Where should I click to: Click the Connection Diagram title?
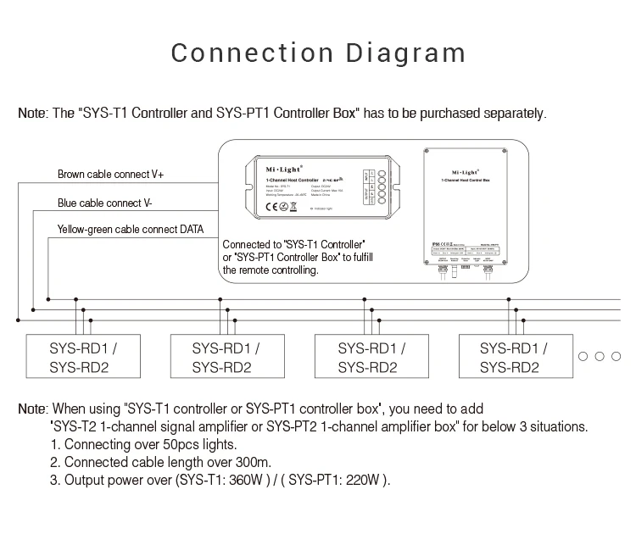click(x=318, y=53)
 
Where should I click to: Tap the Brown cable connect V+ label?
click(x=110, y=175)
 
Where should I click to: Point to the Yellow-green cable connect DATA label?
click(x=130, y=230)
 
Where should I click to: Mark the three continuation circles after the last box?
click(x=599, y=357)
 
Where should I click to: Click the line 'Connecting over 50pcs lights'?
click(x=143, y=444)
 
